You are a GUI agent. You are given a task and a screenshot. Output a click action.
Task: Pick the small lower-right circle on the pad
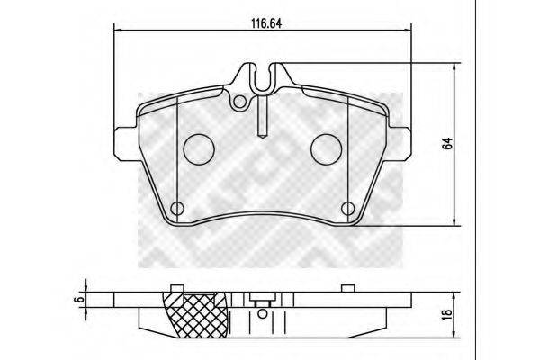point(348,209)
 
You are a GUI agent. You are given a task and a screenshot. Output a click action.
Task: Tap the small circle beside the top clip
point(239,104)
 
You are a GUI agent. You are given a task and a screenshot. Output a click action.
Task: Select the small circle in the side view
point(261,314)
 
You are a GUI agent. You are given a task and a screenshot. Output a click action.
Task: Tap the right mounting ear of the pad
point(399,139)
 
